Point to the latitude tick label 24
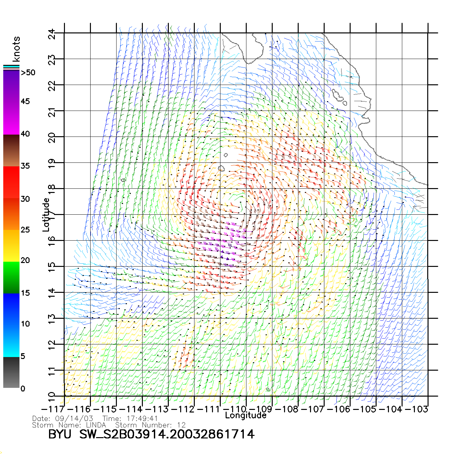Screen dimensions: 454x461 [52, 34]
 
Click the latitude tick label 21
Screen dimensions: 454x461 [52, 113]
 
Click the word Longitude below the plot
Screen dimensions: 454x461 [246, 415]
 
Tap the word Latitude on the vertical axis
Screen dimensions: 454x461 [46, 214]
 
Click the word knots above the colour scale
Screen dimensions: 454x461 [16, 49]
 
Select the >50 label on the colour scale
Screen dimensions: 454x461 [28, 73]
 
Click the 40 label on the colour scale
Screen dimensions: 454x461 [25, 134]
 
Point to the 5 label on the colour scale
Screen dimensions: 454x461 [23, 356]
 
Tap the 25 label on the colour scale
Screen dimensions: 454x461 [25, 230]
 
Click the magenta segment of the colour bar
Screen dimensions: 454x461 [11, 118]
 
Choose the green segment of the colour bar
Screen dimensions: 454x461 [11, 277]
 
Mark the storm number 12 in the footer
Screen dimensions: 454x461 [181, 425]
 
